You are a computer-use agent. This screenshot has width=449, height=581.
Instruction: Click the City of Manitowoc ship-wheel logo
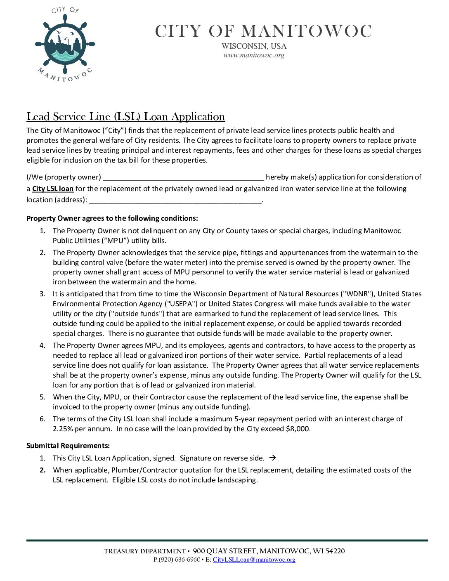pyautogui.click(x=65, y=45)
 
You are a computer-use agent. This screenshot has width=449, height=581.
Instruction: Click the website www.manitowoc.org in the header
pyautogui.click(x=254, y=55)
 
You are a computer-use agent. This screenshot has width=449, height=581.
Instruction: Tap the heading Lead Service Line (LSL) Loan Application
pyautogui.click(x=125, y=117)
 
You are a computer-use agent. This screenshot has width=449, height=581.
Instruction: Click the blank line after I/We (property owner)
pyautogui.click(x=183, y=178)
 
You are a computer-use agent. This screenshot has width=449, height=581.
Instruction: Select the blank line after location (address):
pyautogui.click(x=175, y=201)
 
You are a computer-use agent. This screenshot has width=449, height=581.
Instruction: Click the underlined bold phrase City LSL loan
pyautogui.click(x=53, y=189)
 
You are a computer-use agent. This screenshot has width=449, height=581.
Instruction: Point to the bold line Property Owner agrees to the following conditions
pyautogui.click(x=112, y=218)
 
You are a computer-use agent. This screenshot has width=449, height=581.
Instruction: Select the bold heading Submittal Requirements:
pyautogui.click(x=68, y=446)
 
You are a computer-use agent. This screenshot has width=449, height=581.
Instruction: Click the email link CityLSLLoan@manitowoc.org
pyautogui.click(x=254, y=560)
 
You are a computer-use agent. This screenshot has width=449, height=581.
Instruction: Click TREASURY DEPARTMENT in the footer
pyautogui.click(x=145, y=551)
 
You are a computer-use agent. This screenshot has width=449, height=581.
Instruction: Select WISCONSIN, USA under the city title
pyautogui.click(x=254, y=46)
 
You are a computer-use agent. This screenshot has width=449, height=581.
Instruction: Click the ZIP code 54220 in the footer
pyautogui.click(x=335, y=551)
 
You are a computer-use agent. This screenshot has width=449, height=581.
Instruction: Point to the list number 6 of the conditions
pyautogui.click(x=42, y=419)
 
